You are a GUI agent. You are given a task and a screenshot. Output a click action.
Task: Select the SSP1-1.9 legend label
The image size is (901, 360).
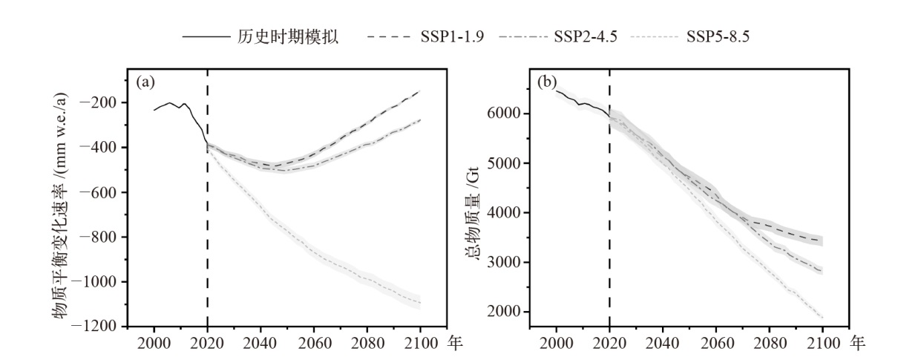448,36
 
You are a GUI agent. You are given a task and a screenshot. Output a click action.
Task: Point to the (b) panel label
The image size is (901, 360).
547,82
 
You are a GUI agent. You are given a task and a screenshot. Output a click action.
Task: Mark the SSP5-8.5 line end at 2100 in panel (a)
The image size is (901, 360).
419,304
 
